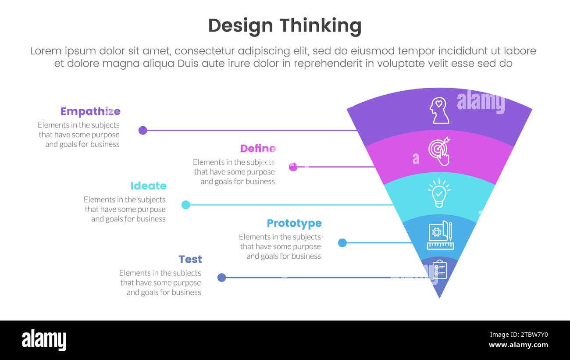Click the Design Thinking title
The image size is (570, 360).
[x=285, y=26]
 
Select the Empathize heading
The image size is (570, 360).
[x=90, y=111]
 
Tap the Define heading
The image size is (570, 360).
[x=258, y=149]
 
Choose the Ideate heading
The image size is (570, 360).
[x=148, y=186]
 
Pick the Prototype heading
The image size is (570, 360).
[x=294, y=223]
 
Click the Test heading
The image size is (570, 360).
[x=190, y=259]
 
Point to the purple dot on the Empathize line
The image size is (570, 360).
[x=142, y=130]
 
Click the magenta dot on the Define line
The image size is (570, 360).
[x=293, y=167]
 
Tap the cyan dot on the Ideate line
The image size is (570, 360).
[x=186, y=205]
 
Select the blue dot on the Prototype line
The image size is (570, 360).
[x=342, y=242]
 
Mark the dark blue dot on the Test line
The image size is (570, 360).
[x=222, y=277]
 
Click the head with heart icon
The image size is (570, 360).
[x=439, y=110]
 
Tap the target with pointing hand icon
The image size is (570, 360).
[x=439, y=151]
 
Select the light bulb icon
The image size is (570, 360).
[x=439, y=193]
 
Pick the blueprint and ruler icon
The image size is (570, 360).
[x=440, y=235]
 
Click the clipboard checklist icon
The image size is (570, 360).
[x=439, y=270]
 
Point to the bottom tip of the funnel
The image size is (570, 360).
[x=439, y=297]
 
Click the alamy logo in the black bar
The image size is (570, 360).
[x=44, y=340]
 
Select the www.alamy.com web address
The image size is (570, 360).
[x=518, y=345]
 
